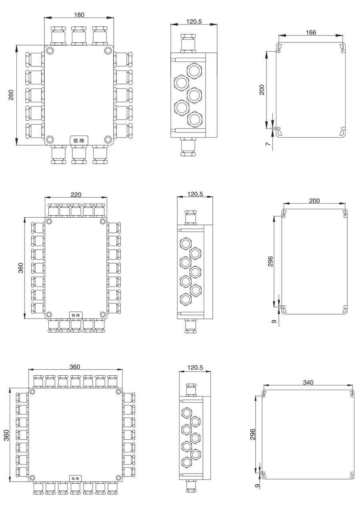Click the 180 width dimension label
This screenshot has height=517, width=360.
click(79, 15)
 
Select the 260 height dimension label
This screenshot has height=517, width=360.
click(11, 94)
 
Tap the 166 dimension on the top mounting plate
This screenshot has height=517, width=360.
click(311, 32)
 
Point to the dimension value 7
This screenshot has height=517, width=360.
click(268, 144)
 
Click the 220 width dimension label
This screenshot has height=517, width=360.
click(76, 194)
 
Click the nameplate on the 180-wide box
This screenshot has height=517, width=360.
click(79, 140)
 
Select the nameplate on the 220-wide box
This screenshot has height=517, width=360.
click(76, 315)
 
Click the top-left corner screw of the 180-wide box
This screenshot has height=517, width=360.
click(50, 50)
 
